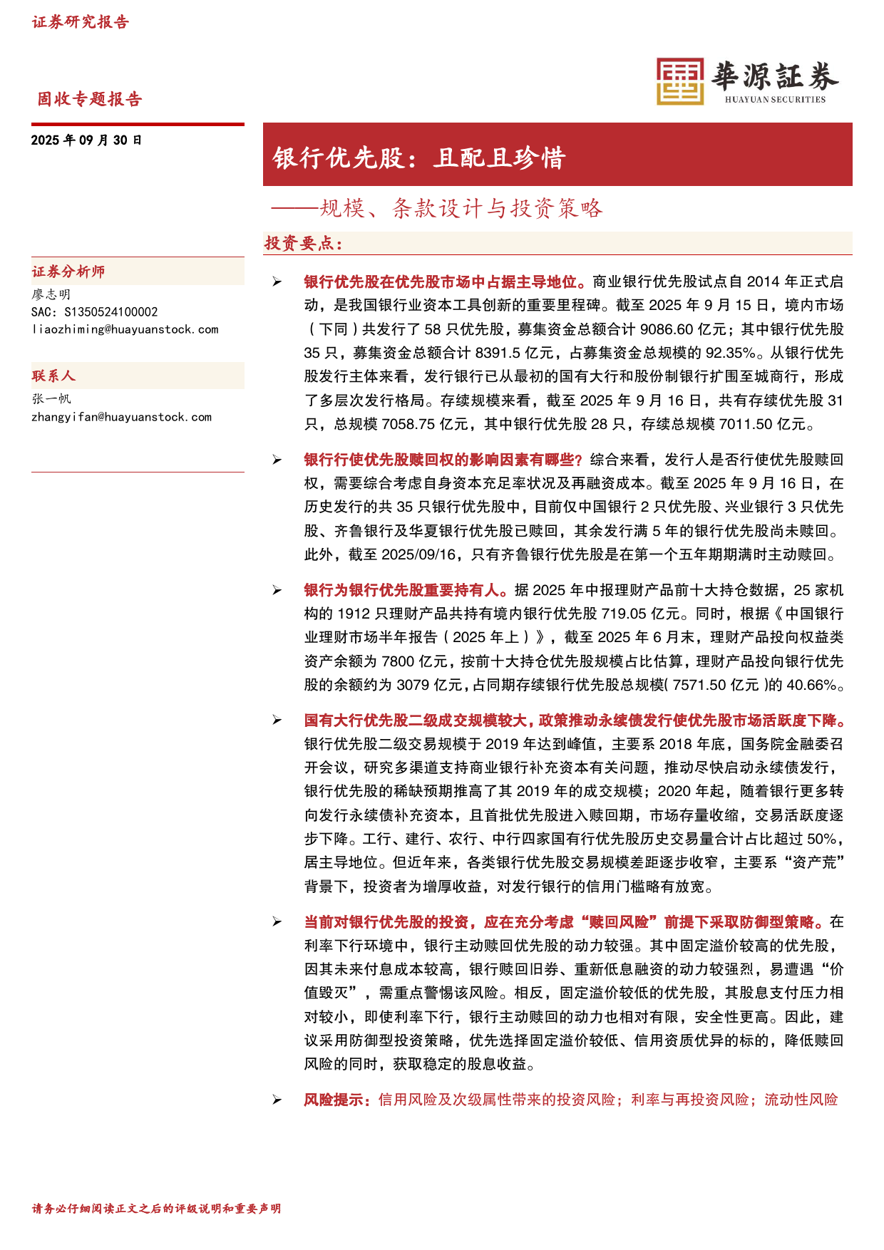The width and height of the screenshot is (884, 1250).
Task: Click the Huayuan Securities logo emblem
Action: (x=679, y=81)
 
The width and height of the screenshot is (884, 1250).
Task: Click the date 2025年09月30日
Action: (x=86, y=140)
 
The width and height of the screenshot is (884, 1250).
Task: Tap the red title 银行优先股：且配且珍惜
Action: (x=419, y=157)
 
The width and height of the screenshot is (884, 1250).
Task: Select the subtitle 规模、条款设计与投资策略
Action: (x=461, y=208)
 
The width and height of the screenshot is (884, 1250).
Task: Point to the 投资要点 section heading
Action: (x=304, y=244)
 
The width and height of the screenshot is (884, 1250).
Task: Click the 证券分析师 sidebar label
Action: (x=68, y=272)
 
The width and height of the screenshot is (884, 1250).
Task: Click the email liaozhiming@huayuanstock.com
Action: (x=125, y=329)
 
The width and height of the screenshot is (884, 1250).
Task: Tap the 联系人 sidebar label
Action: (x=53, y=376)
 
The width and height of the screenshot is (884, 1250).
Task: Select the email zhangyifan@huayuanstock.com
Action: (x=121, y=417)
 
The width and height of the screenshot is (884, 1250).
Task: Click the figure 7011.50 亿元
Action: (x=764, y=424)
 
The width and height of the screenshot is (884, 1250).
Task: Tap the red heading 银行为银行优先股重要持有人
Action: (x=404, y=590)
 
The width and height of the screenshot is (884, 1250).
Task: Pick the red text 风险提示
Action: (x=336, y=1100)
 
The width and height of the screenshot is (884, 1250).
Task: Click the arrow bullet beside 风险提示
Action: (x=277, y=1100)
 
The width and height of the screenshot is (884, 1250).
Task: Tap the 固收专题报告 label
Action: (x=90, y=99)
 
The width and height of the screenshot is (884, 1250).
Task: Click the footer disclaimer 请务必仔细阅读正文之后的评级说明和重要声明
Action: (x=156, y=1209)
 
